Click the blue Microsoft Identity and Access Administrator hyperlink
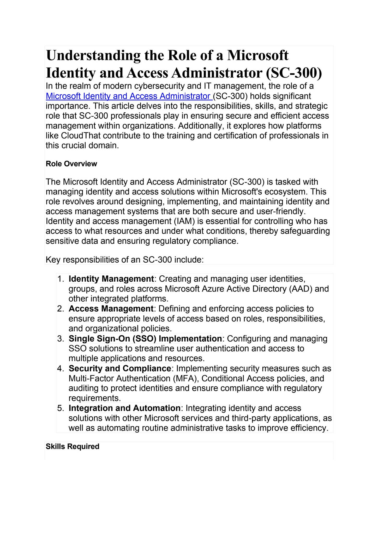(129, 96)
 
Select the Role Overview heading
(71, 164)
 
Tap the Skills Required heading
(73, 446)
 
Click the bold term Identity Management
(111, 279)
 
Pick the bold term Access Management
(111, 309)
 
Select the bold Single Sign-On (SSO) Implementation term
(145, 339)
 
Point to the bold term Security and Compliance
(120, 368)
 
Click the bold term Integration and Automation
(124, 408)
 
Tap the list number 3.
(60, 339)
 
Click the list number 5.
(60, 408)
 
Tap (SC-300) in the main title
(294, 73)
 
